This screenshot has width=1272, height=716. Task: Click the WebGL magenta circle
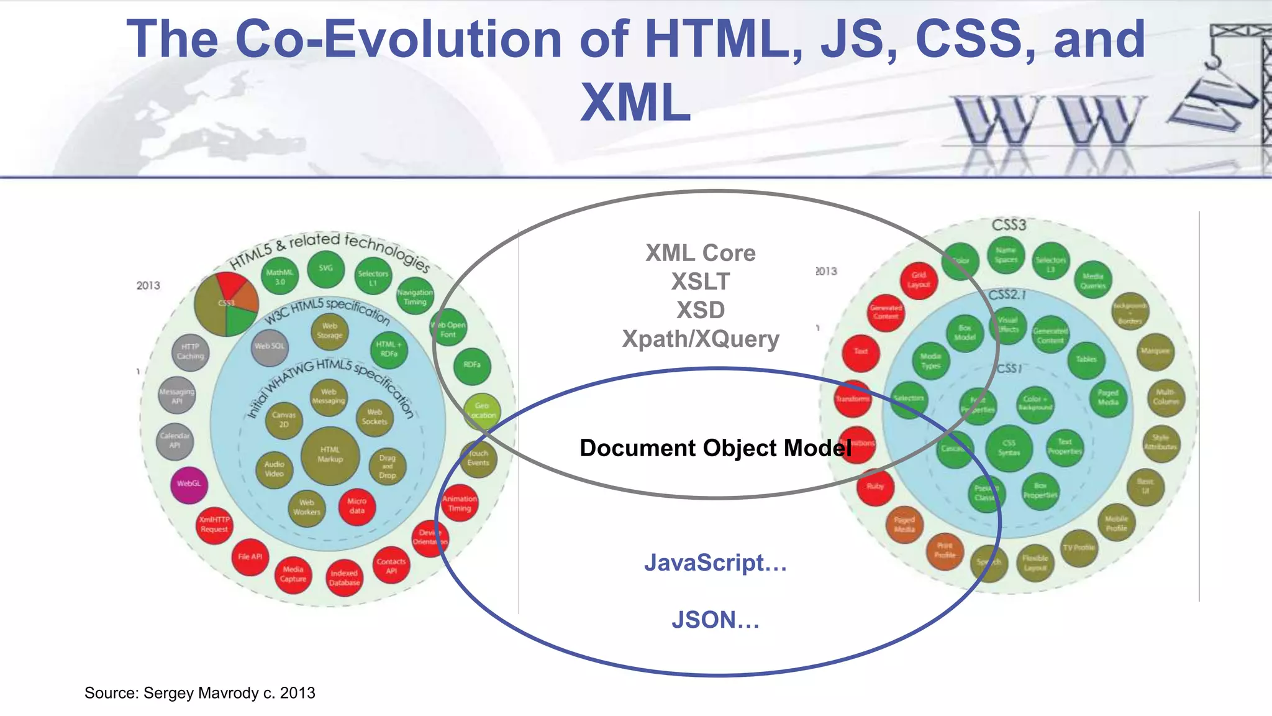(x=189, y=484)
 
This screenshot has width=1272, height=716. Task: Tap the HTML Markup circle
(x=330, y=455)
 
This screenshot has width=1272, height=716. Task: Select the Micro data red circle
(x=357, y=506)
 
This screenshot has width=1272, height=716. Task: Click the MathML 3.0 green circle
(x=280, y=277)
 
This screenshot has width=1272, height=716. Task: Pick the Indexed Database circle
(x=344, y=578)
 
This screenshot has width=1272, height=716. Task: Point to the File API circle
(x=250, y=557)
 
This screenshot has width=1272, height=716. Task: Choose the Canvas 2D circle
(x=284, y=420)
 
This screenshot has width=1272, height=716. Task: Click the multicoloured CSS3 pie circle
(x=226, y=303)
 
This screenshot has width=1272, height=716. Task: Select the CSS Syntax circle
(x=1009, y=448)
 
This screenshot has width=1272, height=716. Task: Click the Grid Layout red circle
(x=919, y=280)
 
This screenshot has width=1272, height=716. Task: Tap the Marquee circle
(x=1155, y=351)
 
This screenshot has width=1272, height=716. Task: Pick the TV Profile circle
(x=1079, y=548)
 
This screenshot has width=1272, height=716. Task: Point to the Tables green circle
(x=1086, y=360)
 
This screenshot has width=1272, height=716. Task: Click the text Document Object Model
(x=715, y=448)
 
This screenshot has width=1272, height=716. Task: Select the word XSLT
(x=701, y=282)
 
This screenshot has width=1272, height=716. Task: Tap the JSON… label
(x=715, y=620)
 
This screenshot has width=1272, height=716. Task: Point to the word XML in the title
(x=635, y=103)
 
